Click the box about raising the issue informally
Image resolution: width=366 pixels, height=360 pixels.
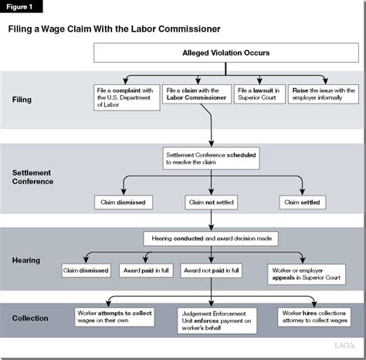click(324, 95)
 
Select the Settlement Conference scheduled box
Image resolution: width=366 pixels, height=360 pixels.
click(210, 159)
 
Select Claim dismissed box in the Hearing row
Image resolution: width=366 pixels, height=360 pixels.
click(86, 271)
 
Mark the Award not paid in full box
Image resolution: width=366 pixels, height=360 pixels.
click(209, 271)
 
